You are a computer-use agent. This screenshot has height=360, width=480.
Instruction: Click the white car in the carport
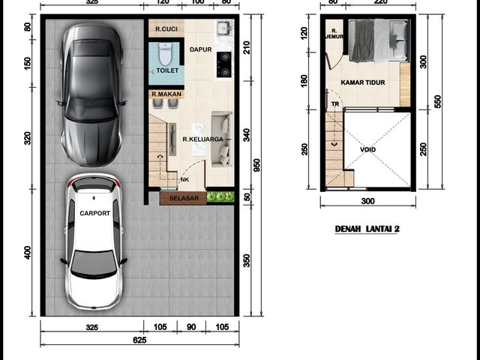pos(94,241)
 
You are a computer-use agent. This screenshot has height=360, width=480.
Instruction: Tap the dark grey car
pos(91,95)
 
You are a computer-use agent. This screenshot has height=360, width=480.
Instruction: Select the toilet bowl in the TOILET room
pos(165,54)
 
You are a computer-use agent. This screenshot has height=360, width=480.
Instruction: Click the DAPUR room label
pos(200,49)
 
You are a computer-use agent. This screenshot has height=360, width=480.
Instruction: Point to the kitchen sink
pos(225,28)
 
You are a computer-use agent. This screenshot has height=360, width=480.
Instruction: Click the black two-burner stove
pos(224,64)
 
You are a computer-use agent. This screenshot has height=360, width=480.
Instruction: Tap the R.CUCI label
pos(166,29)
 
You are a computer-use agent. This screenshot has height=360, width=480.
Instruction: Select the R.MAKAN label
pos(166,94)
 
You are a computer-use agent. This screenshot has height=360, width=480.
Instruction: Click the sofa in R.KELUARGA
pos(222,139)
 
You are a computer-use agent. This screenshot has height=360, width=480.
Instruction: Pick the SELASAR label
pos(184,198)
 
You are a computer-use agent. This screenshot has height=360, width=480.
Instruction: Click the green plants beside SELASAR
pos(220,196)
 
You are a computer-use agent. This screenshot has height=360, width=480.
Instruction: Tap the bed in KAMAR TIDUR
pos(379,40)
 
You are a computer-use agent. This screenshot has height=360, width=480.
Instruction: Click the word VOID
pos(367,150)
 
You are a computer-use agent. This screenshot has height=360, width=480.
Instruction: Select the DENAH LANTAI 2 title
pos(367,229)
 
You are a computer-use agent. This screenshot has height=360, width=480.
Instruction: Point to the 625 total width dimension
pos(139,340)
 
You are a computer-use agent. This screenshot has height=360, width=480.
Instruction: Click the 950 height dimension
pos(256,165)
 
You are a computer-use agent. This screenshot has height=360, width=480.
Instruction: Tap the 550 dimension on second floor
pos(438,102)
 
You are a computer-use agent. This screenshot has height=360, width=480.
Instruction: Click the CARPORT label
pos(95,213)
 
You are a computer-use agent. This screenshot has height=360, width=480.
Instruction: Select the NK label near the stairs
pos(184,180)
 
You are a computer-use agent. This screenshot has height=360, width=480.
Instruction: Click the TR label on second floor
pos(335,104)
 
